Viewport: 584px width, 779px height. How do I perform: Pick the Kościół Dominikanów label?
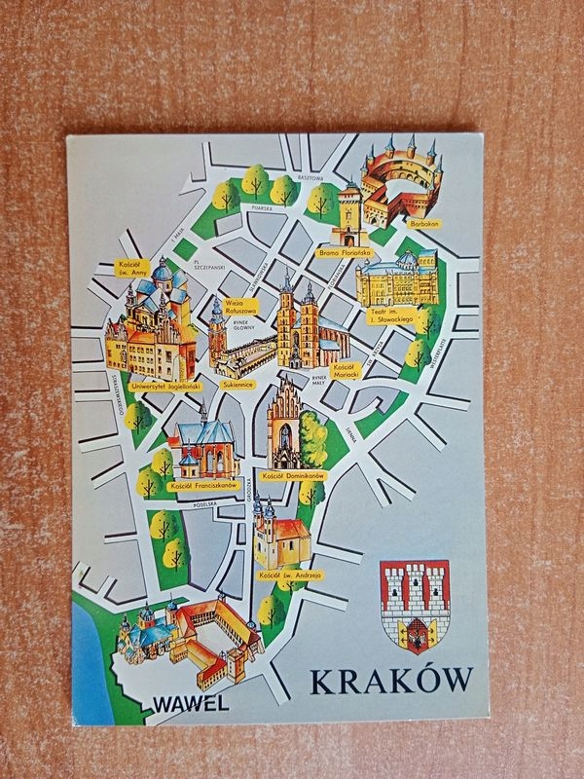pos(293,475)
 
